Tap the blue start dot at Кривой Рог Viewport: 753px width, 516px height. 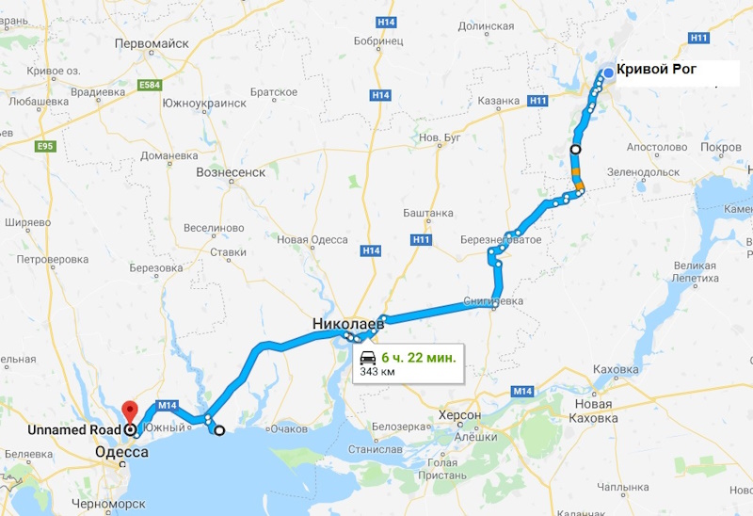pos(608,73)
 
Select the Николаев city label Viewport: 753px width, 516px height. pos(346,325)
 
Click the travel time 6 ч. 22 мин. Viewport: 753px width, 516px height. pos(419,357)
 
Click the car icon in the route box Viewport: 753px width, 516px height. pos(368,357)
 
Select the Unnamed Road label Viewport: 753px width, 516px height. pos(72,429)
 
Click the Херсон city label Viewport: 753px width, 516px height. pos(459,415)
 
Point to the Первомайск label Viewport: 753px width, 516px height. pos(152,43)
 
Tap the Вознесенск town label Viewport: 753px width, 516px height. pos(231,172)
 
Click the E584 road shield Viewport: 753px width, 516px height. pos(149,86)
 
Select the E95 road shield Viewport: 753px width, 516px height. pos(44,147)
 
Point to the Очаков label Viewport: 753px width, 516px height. pos(289,430)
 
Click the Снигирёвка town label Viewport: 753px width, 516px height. pos(493,301)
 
